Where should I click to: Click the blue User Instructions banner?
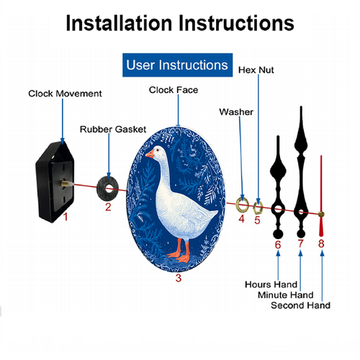(x=177, y=65)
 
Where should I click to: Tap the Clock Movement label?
(x=65, y=94)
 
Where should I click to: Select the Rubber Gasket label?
(x=113, y=130)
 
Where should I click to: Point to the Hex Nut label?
(x=256, y=70)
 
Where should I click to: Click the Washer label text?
(x=236, y=112)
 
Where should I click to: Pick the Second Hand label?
(x=300, y=305)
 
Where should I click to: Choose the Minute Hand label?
(x=286, y=295)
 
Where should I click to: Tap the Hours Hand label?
(x=271, y=284)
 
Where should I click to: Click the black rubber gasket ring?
(x=102, y=189)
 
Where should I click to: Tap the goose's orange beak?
(x=150, y=154)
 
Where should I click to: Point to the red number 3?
(x=179, y=278)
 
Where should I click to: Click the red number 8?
(x=321, y=243)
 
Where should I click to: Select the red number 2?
(x=108, y=207)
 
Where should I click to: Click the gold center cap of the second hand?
(x=321, y=215)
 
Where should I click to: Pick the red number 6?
(x=278, y=245)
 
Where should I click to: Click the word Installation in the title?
(x=119, y=23)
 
